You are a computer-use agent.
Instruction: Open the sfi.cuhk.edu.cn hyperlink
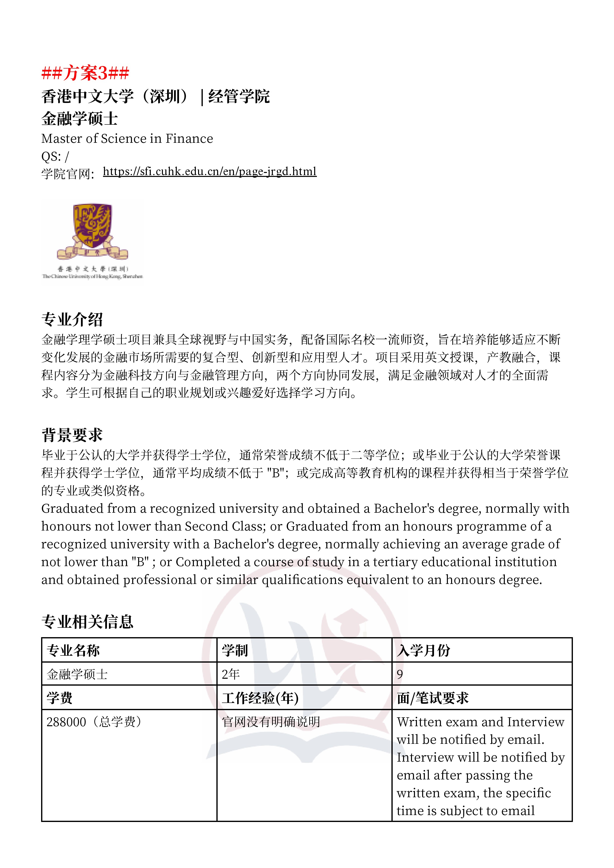210,172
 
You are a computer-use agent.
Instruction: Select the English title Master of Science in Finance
127,139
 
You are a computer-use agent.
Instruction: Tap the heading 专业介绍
72,319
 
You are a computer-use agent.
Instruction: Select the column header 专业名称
73,650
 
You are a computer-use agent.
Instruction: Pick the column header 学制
234,650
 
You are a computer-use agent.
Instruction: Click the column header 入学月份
423,650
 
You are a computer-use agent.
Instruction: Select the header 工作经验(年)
260,698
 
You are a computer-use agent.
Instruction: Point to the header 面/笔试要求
433,698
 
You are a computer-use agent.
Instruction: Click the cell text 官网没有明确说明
271,722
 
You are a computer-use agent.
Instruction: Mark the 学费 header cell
59,698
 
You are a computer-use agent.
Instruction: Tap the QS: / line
55,157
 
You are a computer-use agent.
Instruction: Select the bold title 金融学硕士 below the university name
79,119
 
